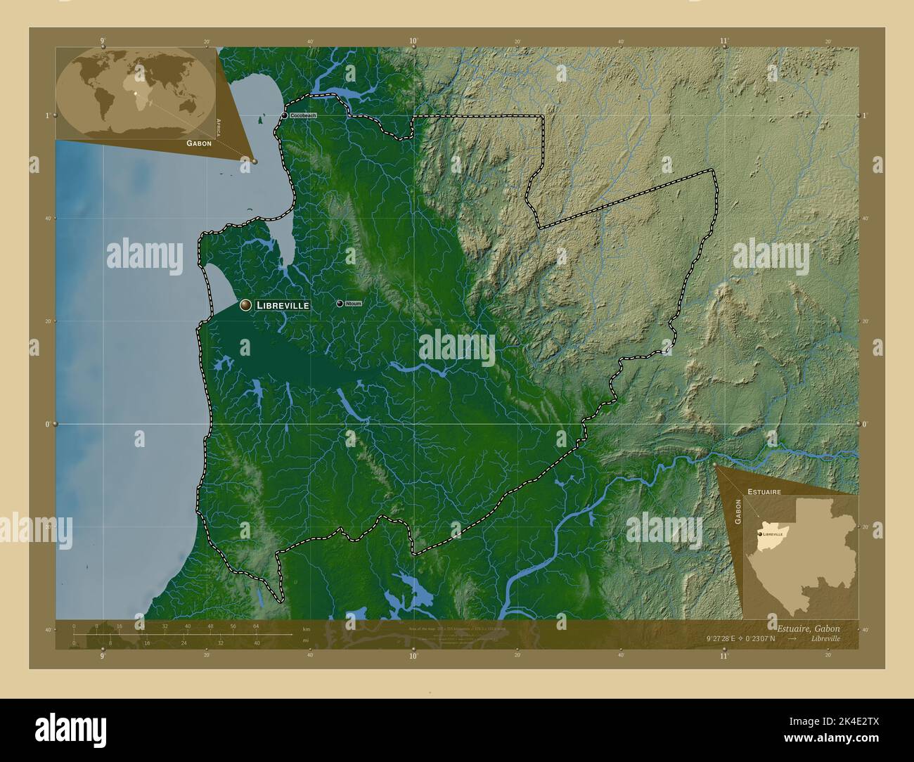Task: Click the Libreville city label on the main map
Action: [x=282, y=306]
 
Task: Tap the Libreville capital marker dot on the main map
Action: [x=245, y=305]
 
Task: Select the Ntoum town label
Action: [x=354, y=304]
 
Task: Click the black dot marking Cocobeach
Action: [x=285, y=115]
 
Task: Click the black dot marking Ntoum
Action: [x=340, y=303]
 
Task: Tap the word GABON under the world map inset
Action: [x=199, y=143]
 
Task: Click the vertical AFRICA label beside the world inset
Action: [x=219, y=126]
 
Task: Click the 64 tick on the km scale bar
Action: [x=256, y=626]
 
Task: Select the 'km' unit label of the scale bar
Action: [x=305, y=628]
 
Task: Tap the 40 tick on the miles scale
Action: [x=257, y=642]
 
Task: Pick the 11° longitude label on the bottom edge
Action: [x=724, y=656]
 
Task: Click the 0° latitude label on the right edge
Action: [x=865, y=425]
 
